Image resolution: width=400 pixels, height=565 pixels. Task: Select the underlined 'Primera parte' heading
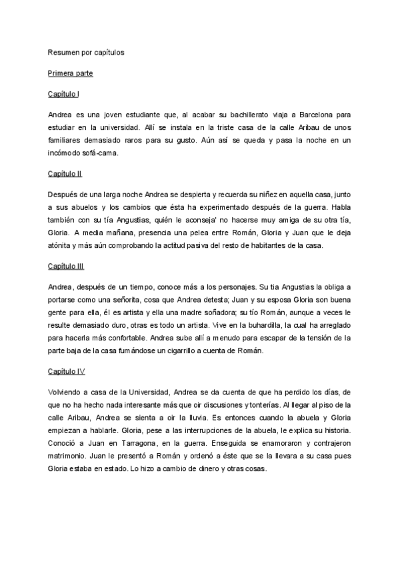[71, 73]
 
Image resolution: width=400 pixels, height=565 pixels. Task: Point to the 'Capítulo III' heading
[66, 267]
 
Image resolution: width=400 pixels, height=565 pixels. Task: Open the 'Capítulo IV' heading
[67, 370]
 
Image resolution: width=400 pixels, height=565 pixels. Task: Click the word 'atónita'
[61, 245]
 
